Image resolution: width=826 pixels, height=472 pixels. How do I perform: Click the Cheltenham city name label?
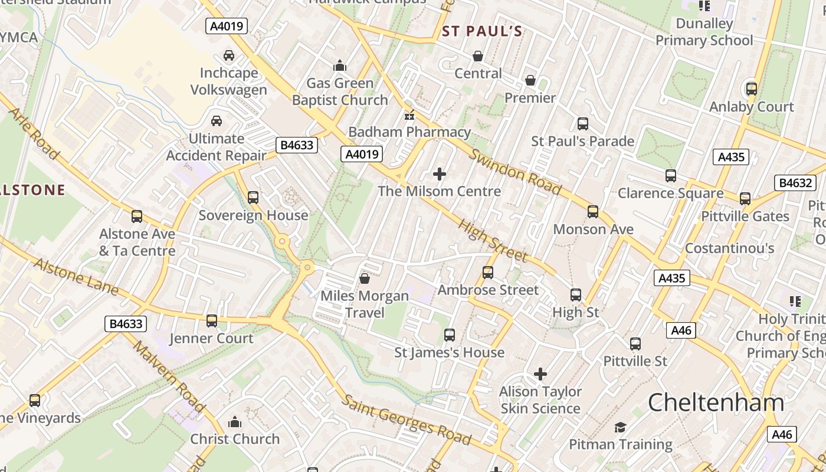[x=716, y=403]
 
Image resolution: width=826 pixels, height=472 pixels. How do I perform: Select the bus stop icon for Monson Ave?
[x=593, y=212]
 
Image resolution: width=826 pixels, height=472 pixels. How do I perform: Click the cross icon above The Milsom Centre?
[x=440, y=174]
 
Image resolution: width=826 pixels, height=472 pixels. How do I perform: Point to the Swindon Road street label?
[x=515, y=172]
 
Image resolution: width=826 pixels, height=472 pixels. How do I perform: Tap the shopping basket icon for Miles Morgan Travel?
[x=365, y=278]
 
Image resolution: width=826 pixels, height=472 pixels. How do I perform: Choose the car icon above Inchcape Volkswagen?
[x=229, y=55]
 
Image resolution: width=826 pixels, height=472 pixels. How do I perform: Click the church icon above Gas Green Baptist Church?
[x=340, y=65]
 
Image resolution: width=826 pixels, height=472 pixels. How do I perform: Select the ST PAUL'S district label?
[x=482, y=31]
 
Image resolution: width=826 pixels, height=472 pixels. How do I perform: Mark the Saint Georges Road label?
[x=407, y=420]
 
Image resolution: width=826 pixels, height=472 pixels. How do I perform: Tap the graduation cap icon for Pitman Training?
[x=620, y=427]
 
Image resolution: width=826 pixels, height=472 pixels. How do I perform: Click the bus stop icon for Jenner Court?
[x=211, y=321]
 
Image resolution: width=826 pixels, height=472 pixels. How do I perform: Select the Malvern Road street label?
[x=168, y=376]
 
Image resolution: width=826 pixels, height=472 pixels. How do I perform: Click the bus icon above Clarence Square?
[x=670, y=176]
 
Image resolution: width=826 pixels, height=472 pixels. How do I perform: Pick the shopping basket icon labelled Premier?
[x=530, y=80]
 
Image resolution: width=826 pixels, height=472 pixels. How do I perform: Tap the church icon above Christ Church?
[x=235, y=422]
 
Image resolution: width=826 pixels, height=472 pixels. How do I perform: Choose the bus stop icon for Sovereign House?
[x=253, y=198]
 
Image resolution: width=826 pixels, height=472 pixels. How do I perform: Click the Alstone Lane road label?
[x=76, y=276]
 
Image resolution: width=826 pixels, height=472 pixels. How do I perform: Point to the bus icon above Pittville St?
[x=635, y=343]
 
